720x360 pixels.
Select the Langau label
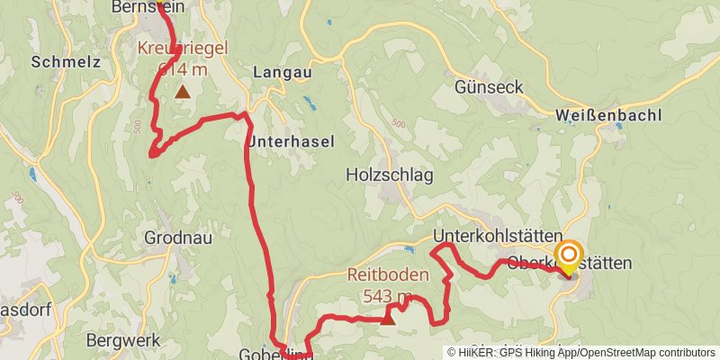[x=282, y=71]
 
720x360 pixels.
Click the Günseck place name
[x=489, y=88]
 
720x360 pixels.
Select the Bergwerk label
[x=123, y=340]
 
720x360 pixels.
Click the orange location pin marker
[x=569, y=256]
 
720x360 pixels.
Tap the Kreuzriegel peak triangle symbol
[x=183, y=91]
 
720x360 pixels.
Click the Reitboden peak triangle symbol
[x=388, y=317]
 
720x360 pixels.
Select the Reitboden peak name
[x=389, y=276]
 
